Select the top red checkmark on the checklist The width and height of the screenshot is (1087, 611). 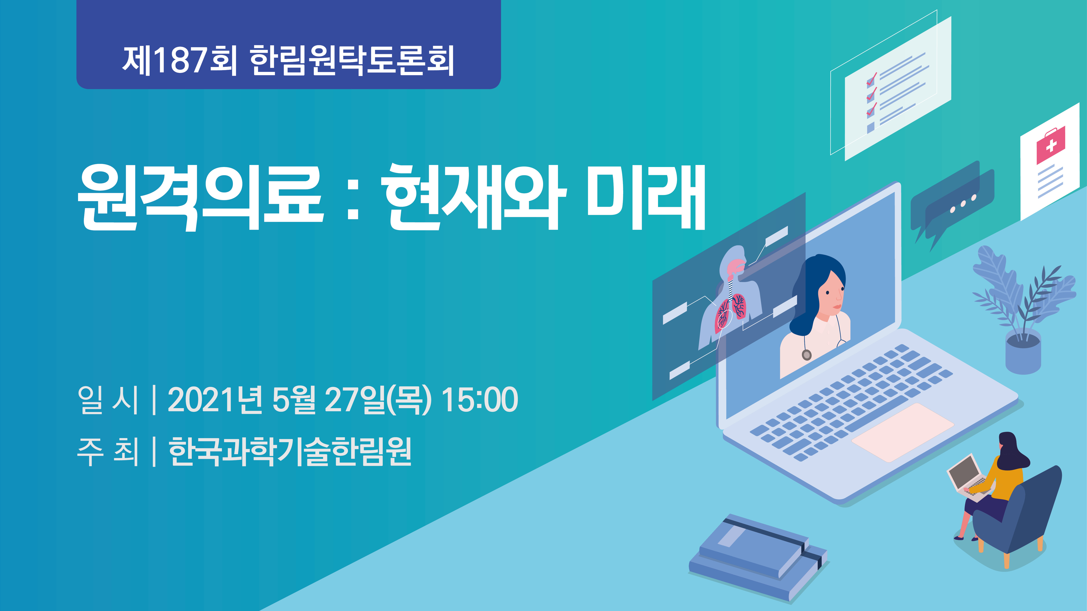(871, 79)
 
